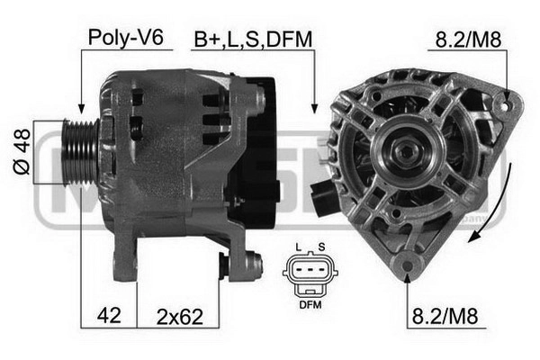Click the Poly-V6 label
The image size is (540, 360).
125,37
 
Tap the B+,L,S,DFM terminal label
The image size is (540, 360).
253,40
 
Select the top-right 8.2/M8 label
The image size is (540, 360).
468,40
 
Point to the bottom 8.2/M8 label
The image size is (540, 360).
445,316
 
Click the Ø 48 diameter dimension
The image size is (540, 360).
22,151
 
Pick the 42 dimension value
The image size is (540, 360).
109,315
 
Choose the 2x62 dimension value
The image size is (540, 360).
180,317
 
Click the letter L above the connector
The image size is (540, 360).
298,247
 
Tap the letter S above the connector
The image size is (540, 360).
321,247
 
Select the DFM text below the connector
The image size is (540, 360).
310,305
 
